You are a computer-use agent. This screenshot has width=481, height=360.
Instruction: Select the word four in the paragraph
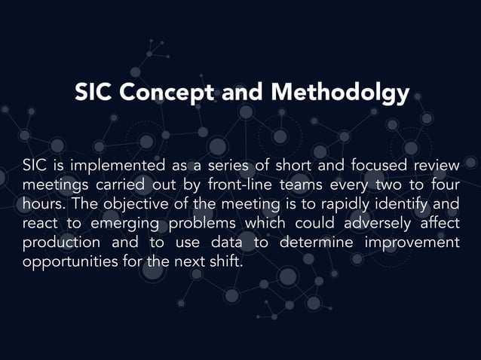point(444,185)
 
